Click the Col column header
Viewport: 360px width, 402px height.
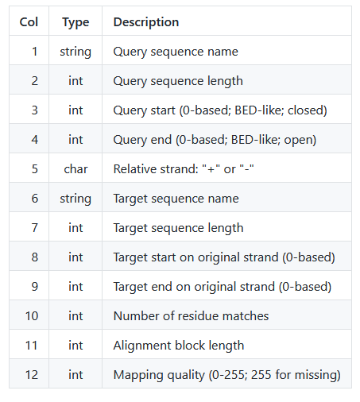tap(29, 22)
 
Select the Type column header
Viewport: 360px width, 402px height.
tap(75, 22)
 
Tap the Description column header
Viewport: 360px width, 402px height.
tap(146, 22)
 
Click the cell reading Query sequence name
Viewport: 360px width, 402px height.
tap(176, 52)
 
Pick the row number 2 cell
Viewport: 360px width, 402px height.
tap(35, 81)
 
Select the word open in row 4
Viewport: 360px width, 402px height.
tap(298, 140)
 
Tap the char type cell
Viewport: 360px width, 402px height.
tap(75, 169)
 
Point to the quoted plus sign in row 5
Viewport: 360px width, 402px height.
tap(211, 169)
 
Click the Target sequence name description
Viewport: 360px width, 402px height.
tap(176, 199)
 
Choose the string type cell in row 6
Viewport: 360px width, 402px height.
tap(75, 199)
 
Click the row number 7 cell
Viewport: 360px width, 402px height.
tap(35, 228)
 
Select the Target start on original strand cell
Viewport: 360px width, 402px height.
tap(224, 257)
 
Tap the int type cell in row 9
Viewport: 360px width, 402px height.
tap(75, 287)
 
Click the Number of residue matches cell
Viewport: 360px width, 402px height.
tap(191, 316)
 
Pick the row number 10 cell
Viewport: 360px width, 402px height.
tap(32, 316)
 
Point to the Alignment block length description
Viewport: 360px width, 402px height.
tap(179, 346)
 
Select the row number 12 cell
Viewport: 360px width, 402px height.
tap(32, 375)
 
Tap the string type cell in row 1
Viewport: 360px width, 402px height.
tap(75, 52)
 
